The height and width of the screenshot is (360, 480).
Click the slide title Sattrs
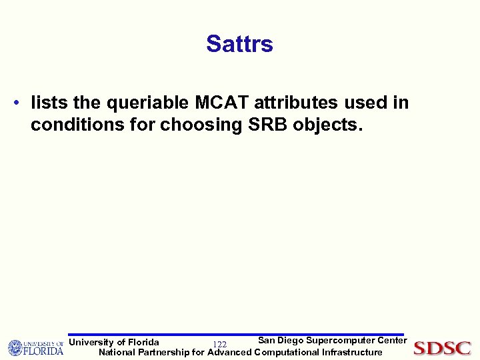(x=239, y=44)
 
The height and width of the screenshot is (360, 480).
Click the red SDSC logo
(x=442, y=348)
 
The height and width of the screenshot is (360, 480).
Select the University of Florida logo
(x=35, y=347)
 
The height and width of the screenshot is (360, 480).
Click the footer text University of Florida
(x=114, y=342)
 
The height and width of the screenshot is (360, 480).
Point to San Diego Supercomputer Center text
(x=332, y=341)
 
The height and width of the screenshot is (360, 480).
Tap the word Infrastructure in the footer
(x=352, y=352)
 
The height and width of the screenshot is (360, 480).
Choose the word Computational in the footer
(x=287, y=352)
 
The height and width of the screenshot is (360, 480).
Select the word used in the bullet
(x=367, y=103)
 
